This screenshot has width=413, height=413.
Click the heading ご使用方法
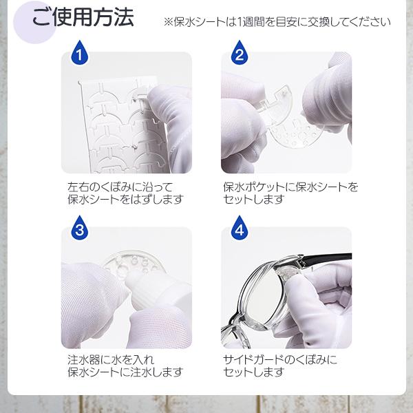83,17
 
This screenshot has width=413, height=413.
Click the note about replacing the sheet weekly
277,22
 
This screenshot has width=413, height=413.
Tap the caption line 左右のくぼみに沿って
120,187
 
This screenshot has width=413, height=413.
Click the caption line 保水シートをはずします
125,200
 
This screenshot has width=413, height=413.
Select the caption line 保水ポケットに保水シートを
290,187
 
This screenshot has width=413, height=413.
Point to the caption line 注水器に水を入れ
111,360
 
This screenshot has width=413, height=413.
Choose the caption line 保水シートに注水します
125,372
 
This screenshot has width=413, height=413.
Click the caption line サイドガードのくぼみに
280,360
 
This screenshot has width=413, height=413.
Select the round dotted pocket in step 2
295,131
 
